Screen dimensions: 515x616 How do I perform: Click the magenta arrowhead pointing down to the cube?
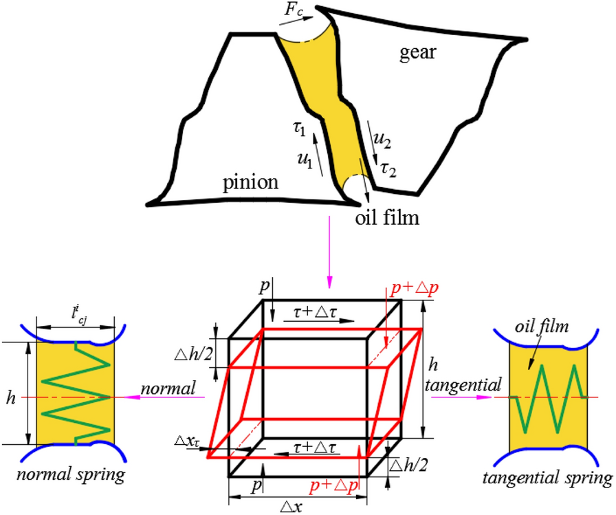pyautogui.click(x=330, y=281)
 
